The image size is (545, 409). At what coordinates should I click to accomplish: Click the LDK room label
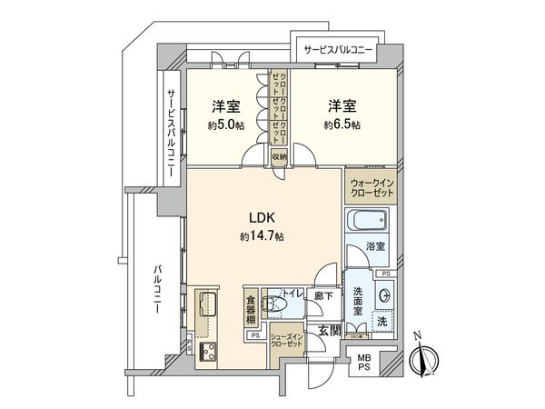pos(262,218)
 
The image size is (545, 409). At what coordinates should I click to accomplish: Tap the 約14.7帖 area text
pos(262,236)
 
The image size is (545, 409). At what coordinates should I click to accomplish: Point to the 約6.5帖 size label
pos(342,125)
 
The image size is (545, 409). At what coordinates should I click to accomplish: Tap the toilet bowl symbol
pos(272,304)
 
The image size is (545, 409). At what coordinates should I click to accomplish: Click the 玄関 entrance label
pos(328,332)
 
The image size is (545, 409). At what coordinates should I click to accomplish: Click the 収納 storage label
pos(279,155)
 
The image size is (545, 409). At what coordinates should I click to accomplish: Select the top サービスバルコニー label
pos(337,49)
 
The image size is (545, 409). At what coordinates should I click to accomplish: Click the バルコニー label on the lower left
pos(158,290)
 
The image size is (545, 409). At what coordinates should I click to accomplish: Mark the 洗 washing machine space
pos(381,320)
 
